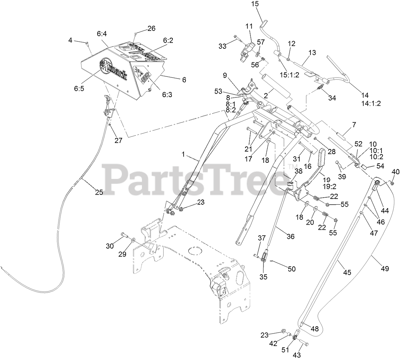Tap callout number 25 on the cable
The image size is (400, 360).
(x=99, y=192)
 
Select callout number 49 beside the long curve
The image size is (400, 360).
(x=385, y=269)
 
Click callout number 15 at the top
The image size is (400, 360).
(x=255, y=4)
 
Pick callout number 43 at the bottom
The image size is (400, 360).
(x=297, y=355)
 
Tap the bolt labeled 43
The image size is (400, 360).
(x=304, y=344)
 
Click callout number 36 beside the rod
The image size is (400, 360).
(x=290, y=236)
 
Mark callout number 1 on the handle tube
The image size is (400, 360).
(x=183, y=154)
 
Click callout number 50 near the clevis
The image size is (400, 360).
(x=291, y=269)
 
